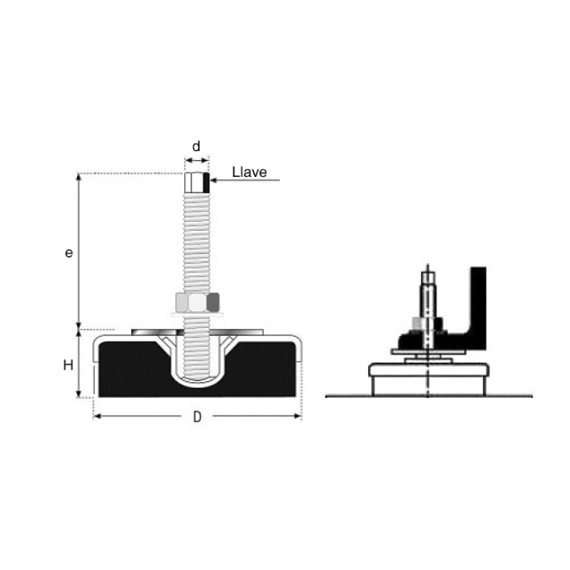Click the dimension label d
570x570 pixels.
(x=196, y=146)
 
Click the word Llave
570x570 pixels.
(x=249, y=172)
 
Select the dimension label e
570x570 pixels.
(x=68, y=252)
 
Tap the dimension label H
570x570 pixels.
(x=68, y=365)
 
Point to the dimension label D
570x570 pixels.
(x=197, y=417)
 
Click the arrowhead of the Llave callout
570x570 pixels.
(x=213, y=180)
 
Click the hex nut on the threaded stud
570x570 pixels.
(x=198, y=301)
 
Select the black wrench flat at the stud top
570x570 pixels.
(x=207, y=182)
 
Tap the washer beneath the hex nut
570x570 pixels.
(x=196, y=314)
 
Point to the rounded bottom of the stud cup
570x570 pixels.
(x=197, y=382)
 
